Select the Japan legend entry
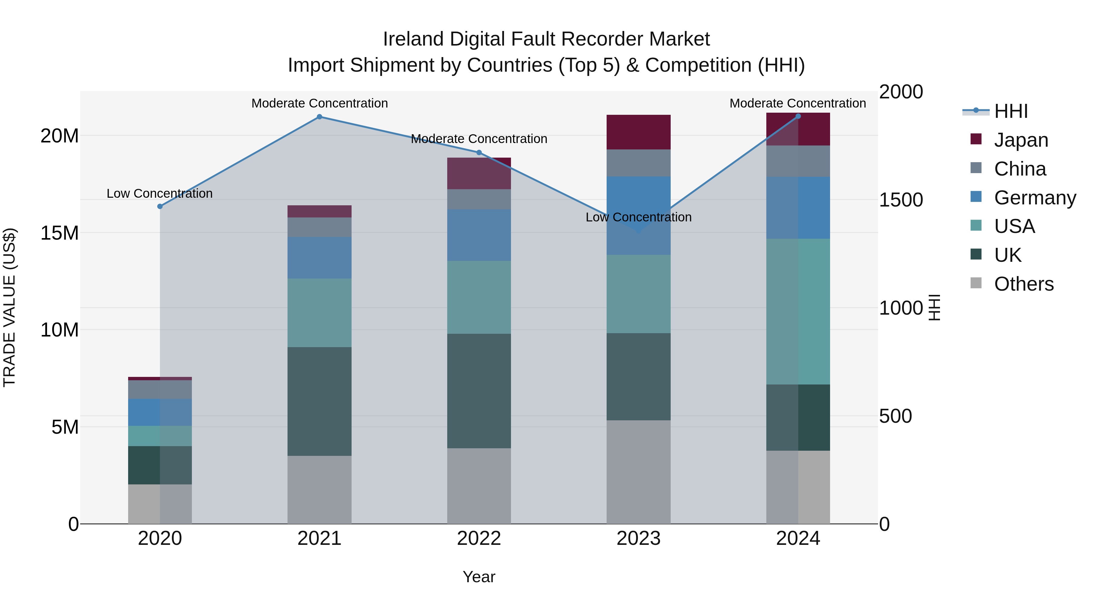click(x=1020, y=140)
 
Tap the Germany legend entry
click(x=1034, y=198)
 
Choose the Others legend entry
click(x=1023, y=284)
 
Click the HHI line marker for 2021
click(x=319, y=117)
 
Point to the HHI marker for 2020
click(x=160, y=206)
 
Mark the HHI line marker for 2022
click(x=479, y=152)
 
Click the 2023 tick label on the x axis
click(x=638, y=538)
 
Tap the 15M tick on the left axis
click(x=60, y=233)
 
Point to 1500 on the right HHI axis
click(x=901, y=200)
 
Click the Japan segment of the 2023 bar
click(x=638, y=132)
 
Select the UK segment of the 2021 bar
click(x=319, y=401)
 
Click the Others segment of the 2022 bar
click(x=479, y=486)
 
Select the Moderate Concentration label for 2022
click(x=479, y=139)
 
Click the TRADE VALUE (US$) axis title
click(x=9, y=307)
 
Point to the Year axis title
click(x=479, y=577)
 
